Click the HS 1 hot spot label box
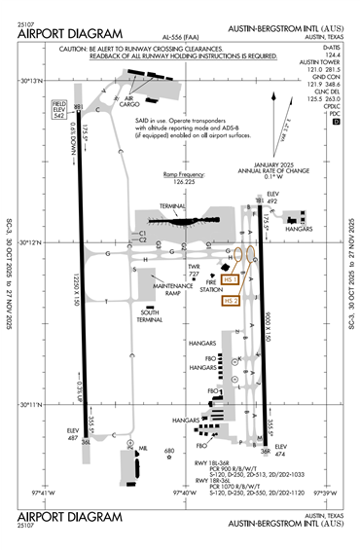click(231, 279)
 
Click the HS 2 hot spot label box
click(231, 301)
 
